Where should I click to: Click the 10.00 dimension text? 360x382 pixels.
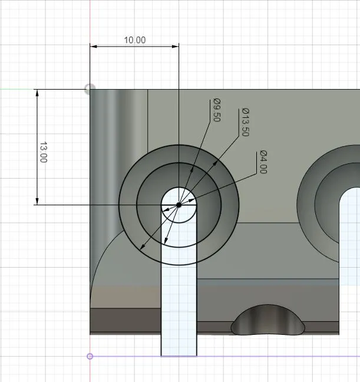point(135,40)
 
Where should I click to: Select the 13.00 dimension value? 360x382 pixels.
point(44,152)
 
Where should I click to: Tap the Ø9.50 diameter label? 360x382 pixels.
point(217,110)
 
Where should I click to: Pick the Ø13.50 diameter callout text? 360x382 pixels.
point(246,122)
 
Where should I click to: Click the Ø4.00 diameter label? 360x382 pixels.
point(263,162)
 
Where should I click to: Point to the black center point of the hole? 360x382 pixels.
point(179,205)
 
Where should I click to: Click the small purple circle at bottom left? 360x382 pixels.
point(90,357)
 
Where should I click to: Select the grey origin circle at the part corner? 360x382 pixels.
point(90,89)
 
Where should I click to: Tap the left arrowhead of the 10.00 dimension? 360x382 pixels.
point(93,47)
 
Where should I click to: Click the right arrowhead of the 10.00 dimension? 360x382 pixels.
point(176,47)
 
